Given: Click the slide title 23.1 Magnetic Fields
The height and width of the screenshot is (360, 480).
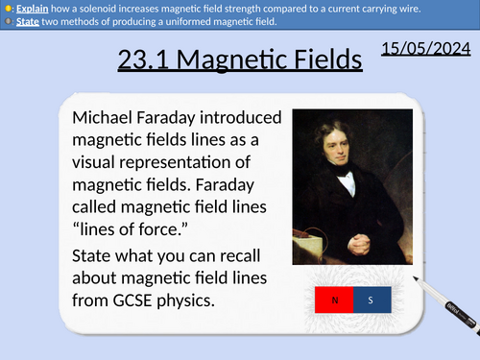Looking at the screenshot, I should [x=241, y=61].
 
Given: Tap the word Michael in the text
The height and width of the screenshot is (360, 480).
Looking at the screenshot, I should [x=106, y=119].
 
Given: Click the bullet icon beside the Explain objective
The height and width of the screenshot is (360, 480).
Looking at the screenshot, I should [x=7, y=7].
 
